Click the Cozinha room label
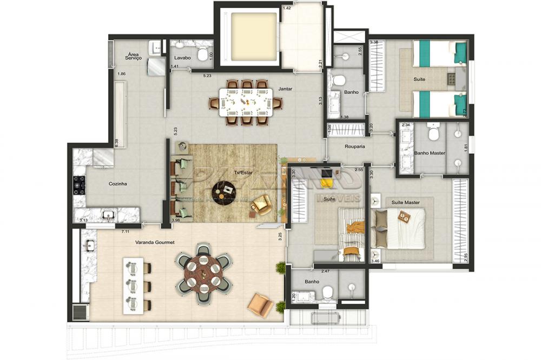117,184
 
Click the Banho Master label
430,153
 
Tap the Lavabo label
182,58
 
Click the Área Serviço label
133,56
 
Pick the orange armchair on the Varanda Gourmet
260,305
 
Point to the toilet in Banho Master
433,131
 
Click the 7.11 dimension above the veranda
125,231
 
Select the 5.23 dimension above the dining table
207,76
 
